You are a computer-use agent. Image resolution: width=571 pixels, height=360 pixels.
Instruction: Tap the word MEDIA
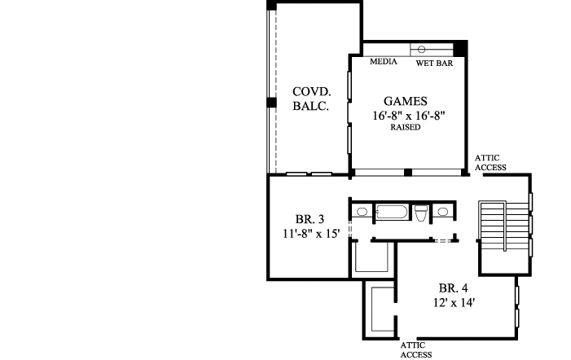tap(383, 62)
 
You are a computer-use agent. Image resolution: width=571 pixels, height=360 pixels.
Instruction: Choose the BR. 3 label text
tap(310, 219)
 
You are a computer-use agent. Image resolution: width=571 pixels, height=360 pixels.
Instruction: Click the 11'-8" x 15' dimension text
tap(305, 235)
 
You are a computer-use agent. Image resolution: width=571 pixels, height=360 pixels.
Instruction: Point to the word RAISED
tap(405, 129)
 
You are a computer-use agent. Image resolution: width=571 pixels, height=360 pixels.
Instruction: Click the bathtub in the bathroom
tap(393, 213)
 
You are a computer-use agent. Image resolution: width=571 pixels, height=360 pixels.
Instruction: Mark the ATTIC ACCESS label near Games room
tap(490, 163)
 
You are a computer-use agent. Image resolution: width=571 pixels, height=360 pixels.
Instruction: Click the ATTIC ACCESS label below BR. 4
tap(416, 349)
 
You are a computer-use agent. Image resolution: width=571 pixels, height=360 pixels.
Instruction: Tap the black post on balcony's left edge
tap(270, 103)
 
